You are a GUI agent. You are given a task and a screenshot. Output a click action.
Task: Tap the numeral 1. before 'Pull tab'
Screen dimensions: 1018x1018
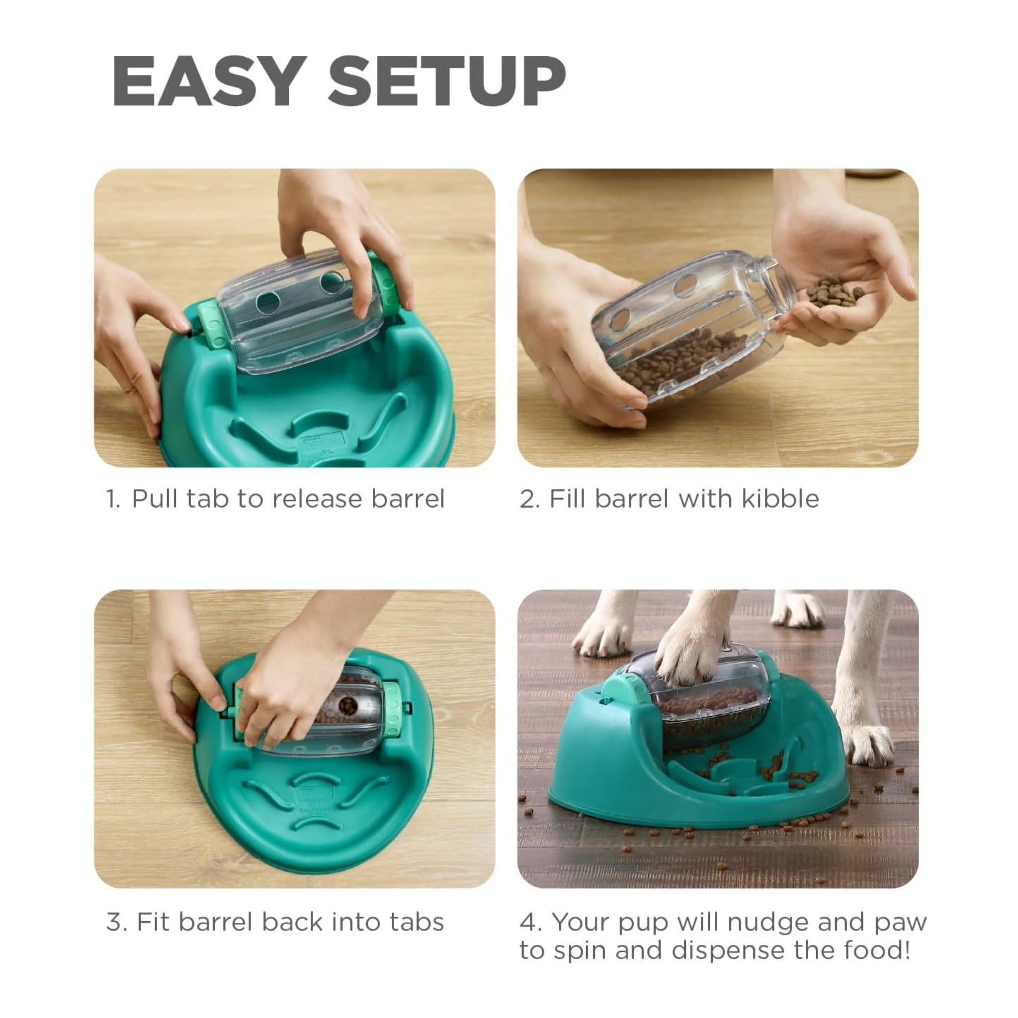click(x=113, y=499)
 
